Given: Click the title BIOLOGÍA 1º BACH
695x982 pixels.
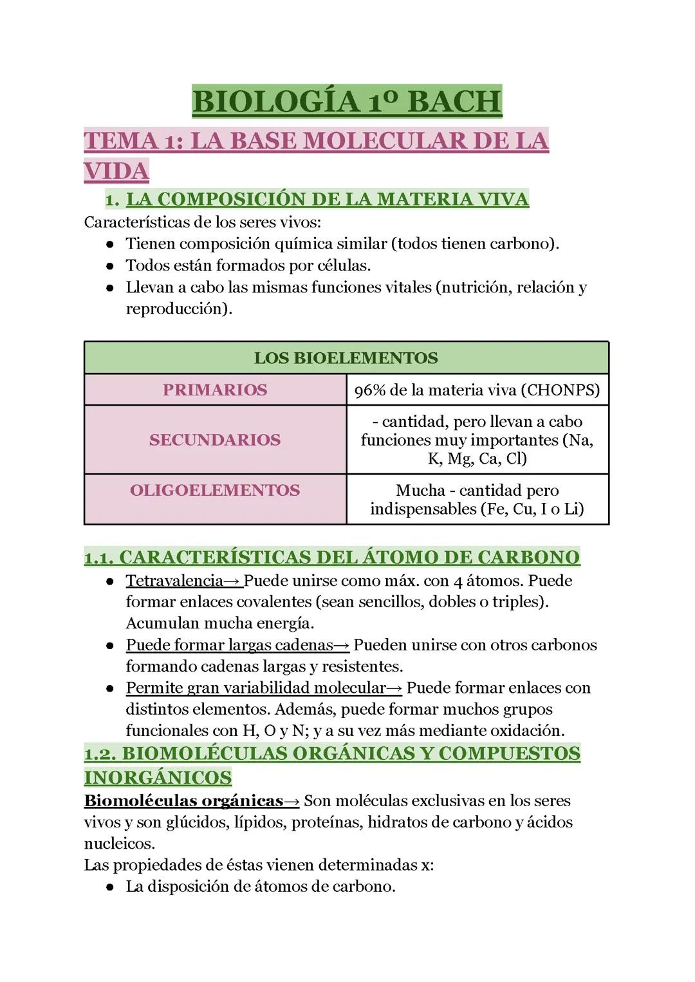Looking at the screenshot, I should click(347, 102).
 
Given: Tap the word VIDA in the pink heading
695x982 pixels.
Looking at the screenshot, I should click(116, 171).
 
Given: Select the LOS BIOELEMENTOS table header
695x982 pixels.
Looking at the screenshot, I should click(346, 358).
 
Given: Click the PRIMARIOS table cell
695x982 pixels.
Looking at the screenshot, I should click(215, 390).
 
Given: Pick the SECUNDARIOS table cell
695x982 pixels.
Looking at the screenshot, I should click(215, 440).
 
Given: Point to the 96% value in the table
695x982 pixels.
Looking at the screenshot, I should click(369, 390).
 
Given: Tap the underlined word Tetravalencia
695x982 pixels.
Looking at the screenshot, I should click(174, 581).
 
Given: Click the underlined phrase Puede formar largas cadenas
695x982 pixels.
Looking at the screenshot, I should click(230, 645).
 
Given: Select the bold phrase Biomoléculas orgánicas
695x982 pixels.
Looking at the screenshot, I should click(183, 801).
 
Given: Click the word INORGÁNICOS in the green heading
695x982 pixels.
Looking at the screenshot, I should click(158, 778).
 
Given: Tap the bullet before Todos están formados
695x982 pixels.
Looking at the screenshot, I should click(111, 266).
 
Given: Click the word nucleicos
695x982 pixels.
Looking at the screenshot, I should click(119, 844).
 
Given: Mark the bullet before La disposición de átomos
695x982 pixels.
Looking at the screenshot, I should click(111, 887).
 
